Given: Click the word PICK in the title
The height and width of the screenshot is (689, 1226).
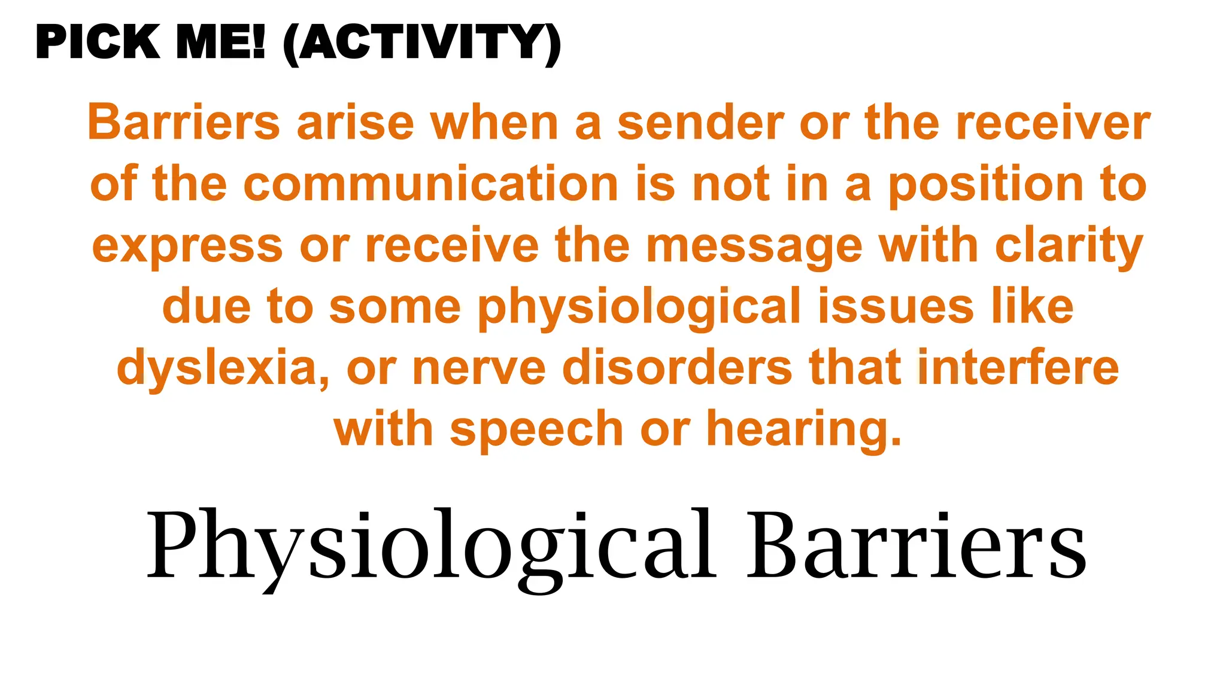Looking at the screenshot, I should (x=98, y=43).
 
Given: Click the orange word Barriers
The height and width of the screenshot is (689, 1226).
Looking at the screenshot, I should (x=184, y=123).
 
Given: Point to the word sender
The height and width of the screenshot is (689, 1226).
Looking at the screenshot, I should (x=700, y=123).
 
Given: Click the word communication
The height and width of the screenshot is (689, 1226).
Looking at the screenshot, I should (x=431, y=184).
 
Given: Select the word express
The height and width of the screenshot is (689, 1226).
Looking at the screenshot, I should (x=187, y=246).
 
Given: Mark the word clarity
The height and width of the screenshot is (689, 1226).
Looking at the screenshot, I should (x=1069, y=246).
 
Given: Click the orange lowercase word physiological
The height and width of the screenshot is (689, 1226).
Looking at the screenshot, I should (x=639, y=307).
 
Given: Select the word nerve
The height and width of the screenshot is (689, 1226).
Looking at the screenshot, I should (x=479, y=368).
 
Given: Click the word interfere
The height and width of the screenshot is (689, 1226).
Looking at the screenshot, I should (x=1018, y=368).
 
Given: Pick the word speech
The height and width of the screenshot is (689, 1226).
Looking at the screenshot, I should (x=536, y=429).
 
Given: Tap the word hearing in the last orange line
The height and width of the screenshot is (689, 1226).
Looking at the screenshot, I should (x=803, y=429).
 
